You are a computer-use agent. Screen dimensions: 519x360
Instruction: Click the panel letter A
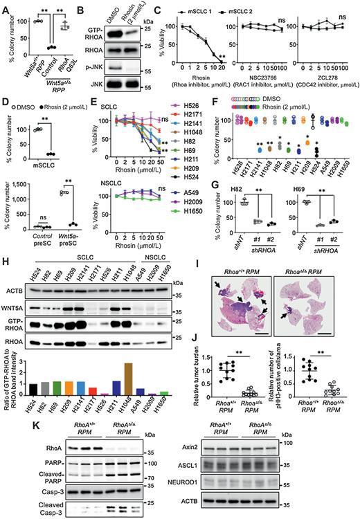coord(5,6)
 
